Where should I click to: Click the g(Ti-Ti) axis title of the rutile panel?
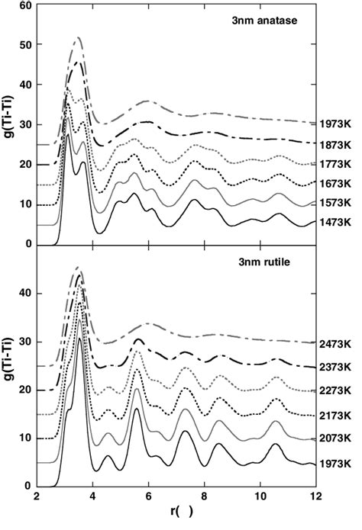coord(10,365)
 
